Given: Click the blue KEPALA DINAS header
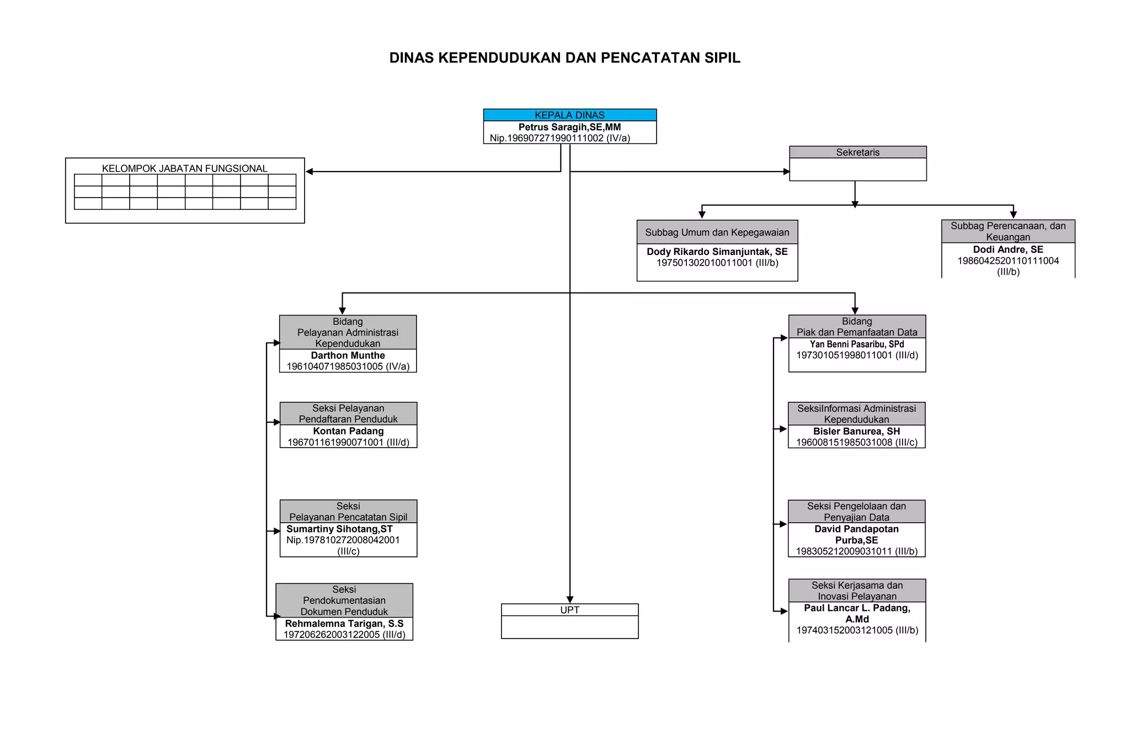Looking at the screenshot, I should click(x=569, y=115).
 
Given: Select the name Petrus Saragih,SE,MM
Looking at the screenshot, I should click(x=569, y=127).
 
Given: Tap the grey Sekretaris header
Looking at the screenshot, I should click(x=857, y=152).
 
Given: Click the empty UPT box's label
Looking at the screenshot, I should click(x=569, y=610).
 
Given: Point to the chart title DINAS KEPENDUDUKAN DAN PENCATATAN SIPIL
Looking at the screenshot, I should click(x=564, y=58).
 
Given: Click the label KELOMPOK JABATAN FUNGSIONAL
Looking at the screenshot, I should click(x=184, y=168).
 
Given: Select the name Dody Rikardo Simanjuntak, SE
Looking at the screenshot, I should click(x=717, y=252).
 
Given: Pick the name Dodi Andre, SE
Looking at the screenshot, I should click(x=1008, y=249).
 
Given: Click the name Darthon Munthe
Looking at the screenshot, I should click(x=348, y=355).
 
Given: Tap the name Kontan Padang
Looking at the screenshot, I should click(x=348, y=431).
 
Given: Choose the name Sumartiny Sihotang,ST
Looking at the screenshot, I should click(x=339, y=529).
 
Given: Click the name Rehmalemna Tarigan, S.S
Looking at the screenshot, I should click(x=344, y=624).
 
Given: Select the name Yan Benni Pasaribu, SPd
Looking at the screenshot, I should click(x=857, y=344).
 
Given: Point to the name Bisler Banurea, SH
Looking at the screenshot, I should click(x=856, y=432).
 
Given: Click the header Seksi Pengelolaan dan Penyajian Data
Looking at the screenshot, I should click(x=856, y=512).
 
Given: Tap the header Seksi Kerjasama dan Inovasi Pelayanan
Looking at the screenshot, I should click(x=857, y=591).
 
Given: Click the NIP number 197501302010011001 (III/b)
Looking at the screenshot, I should click(x=717, y=263).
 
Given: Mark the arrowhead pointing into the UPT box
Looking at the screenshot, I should click(x=570, y=600).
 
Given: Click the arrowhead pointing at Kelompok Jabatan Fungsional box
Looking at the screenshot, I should click(x=310, y=172).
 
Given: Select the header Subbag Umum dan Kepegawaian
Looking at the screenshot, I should click(x=717, y=232).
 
